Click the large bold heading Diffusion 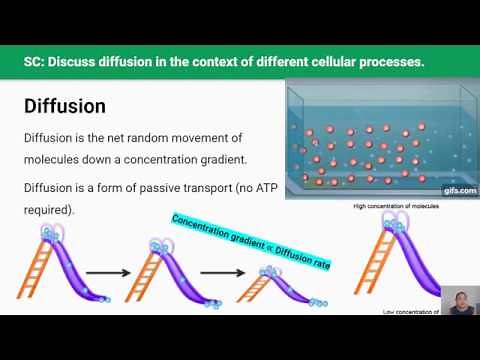(64, 105)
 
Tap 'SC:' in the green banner (37, 62)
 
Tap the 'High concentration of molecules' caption (397, 207)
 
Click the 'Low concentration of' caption (411, 312)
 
